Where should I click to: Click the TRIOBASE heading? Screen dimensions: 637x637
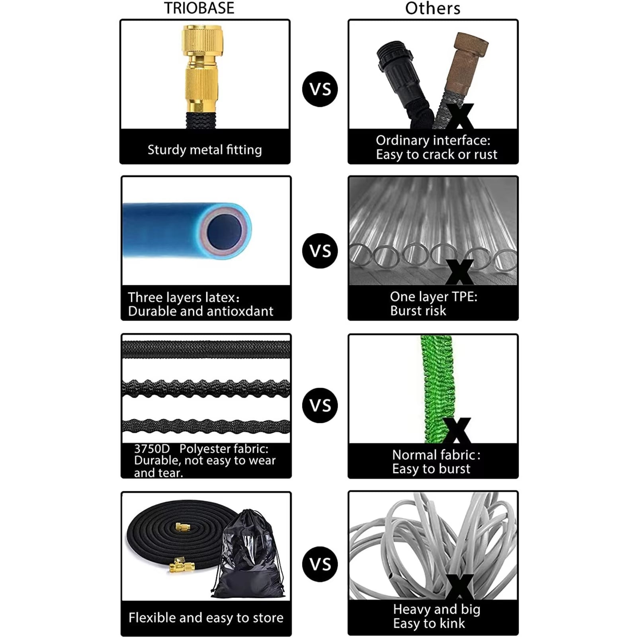coord(199,8)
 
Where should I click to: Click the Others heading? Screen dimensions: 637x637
coord(433,8)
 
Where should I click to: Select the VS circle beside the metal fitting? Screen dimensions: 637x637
coord(320,89)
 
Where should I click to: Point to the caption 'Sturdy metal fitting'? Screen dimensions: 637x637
coord(205,150)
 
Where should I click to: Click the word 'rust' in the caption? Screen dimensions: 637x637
coord(486,154)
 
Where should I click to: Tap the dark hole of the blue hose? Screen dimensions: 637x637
coord(225,231)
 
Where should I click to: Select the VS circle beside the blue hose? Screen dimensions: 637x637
coord(320,251)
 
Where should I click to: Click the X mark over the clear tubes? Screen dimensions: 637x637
coord(459,272)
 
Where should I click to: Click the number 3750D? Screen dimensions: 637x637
coord(152,449)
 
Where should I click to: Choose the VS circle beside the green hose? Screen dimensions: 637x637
coord(320,405)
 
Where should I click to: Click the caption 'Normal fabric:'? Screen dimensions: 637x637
coord(436,455)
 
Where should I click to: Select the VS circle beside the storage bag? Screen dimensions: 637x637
coord(320,564)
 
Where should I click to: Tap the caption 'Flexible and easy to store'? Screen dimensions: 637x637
coord(206,617)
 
